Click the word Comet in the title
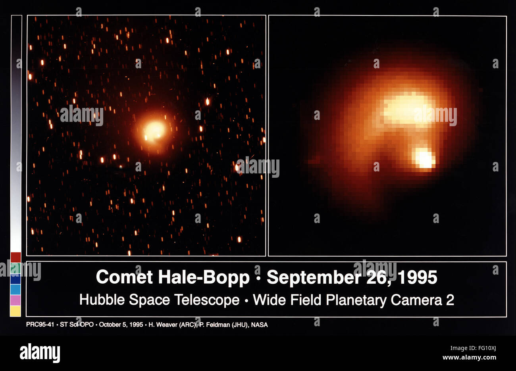pyautogui.click(x=124, y=277)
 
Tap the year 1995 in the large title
pyautogui.click(x=417, y=277)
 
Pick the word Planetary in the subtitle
pyautogui.click(x=356, y=300)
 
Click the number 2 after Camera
pyautogui.click(x=450, y=300)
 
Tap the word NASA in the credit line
pyautogui.click(x=259, y=325)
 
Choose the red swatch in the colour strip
pyautogui.click(x=15, y=257)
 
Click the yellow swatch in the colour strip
pyautogui.click(x=15, y=311)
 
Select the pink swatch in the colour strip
pyautogui.click(x=15, y=300)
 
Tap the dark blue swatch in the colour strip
pyautogui.click(x=15, y=279)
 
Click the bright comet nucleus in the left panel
pyautogui.click(x=154, y=131)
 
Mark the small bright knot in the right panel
pyautogui.click(x=424, y=158)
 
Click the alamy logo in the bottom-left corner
pyautogui.click(x=40, y=353)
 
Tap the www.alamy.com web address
pyautogui.click(x=469, y=358)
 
